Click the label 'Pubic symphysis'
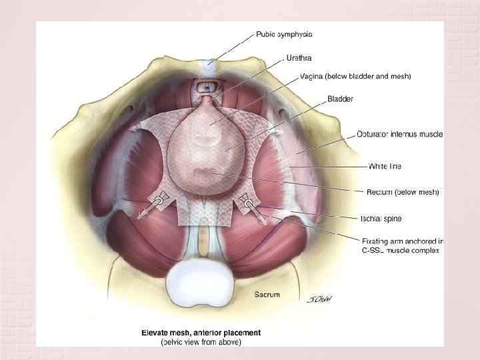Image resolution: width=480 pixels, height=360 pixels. pos(284,34)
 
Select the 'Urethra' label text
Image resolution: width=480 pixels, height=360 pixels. pos(299,58)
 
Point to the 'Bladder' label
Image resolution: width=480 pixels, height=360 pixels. pos(340,99)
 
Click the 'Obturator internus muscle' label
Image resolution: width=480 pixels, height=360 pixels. pos(399,134)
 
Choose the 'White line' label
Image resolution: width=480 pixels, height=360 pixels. pos(385,165)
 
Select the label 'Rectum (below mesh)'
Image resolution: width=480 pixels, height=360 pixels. pos(403,193)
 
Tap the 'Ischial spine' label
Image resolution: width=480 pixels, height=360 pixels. pos(381,218)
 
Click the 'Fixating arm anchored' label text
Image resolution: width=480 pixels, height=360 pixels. pos(403,241)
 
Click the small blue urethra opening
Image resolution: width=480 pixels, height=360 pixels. pos(207,88)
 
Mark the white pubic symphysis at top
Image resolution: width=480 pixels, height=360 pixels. pos(211,61)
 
